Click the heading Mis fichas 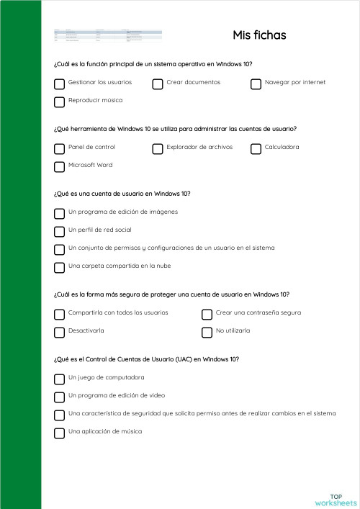pyautogui.click(x=259, y=35)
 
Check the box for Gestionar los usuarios pyautogui.click(x=59, y=84)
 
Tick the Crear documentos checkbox pyautogui.click(x=158, y=84)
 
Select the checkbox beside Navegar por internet pyautogui.click(x=256, y=84)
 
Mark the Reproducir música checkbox pyautogui.click(x=59, y=102)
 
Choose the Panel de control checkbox pyautogui.click(x=59, y=148)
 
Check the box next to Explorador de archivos pyautogui.click(x=158, y=148)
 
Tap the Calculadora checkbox pyautogui.click(x=256, y=148)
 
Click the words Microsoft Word pyautogui.click(x=90, y=166)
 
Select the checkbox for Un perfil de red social pyautogui.click(x=59, y=231)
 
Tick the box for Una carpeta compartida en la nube pyautogui.click(x=59, y=267)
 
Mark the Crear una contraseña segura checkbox pyautogui.click(x=207, y=314)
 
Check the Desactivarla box pyautogui.click(x=59, y=332)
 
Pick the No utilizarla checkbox pyautogui.click(x=207, y=332)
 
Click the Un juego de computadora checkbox pyautogui.click(x=59, y=379)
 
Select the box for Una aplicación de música pyautogui.click(x=59, y=433)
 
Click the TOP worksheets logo pyautogui.click(x=336, y=500)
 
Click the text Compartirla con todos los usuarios pyautogui.click(x=118, y=313)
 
